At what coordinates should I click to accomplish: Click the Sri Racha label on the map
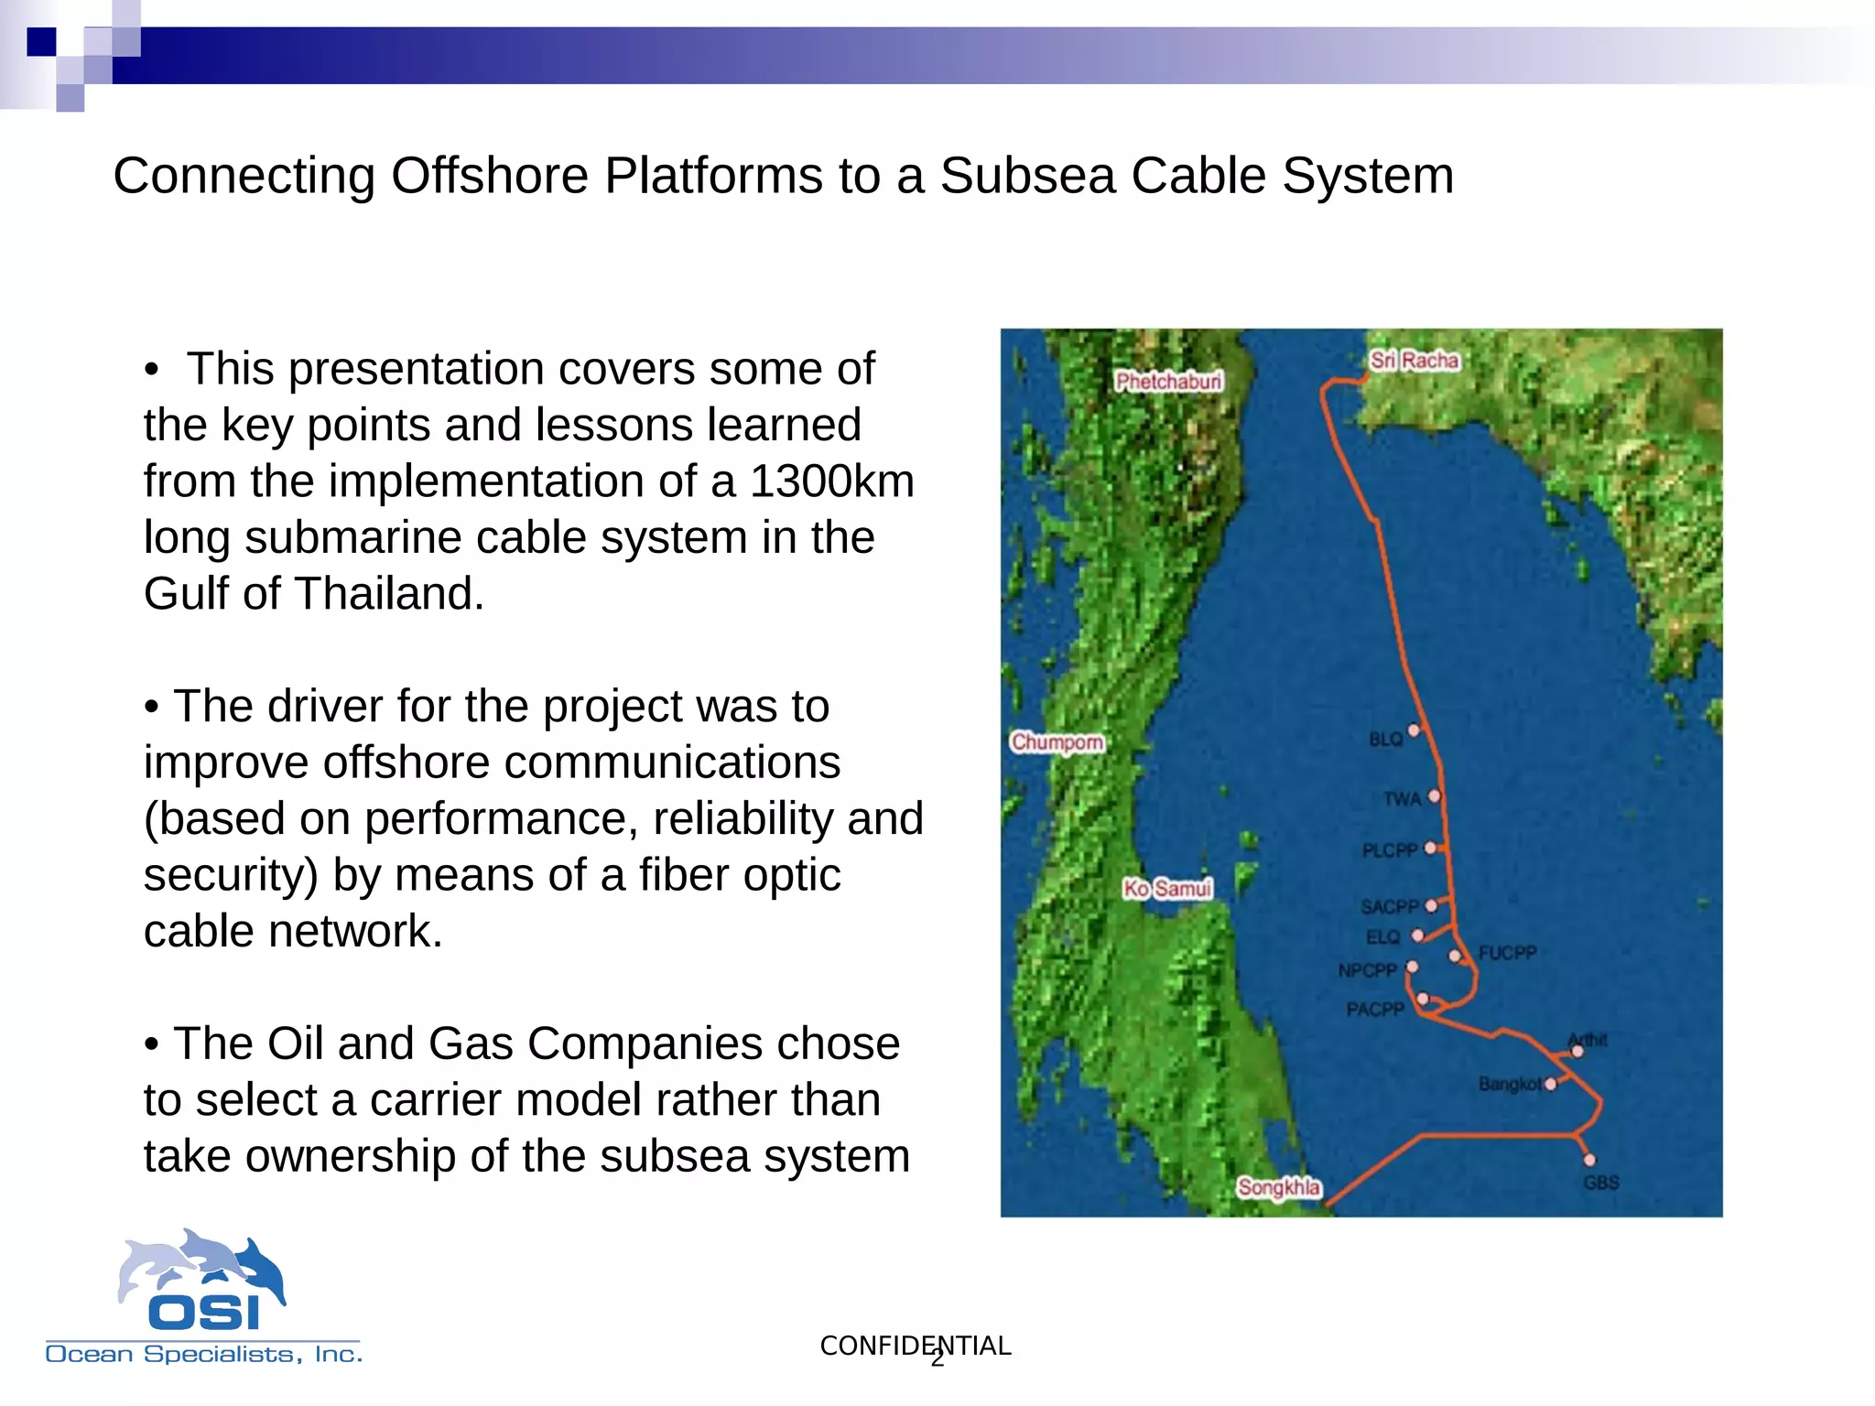[1414, 361]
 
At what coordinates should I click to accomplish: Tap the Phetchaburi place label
[1168, 381]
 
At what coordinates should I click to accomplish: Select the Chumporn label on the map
[1057, 741]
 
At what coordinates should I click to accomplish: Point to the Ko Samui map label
[1167, 888]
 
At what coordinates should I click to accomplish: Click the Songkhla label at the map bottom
[1278, 1187]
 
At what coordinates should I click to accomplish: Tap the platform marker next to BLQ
[1414, 730]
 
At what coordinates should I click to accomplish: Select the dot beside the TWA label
[1434, 796]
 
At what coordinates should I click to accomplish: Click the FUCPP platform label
[1507, 953]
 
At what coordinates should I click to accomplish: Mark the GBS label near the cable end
[1601, 1183]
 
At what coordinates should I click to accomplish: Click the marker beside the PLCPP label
[1430, 849]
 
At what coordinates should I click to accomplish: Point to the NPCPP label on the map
[1367, 970]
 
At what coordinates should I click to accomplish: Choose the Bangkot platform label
[1509, 1085]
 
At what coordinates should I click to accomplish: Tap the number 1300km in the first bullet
[831, 481]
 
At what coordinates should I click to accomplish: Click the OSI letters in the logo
[204, 1313]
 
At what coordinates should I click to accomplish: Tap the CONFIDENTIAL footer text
[915, 1346]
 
